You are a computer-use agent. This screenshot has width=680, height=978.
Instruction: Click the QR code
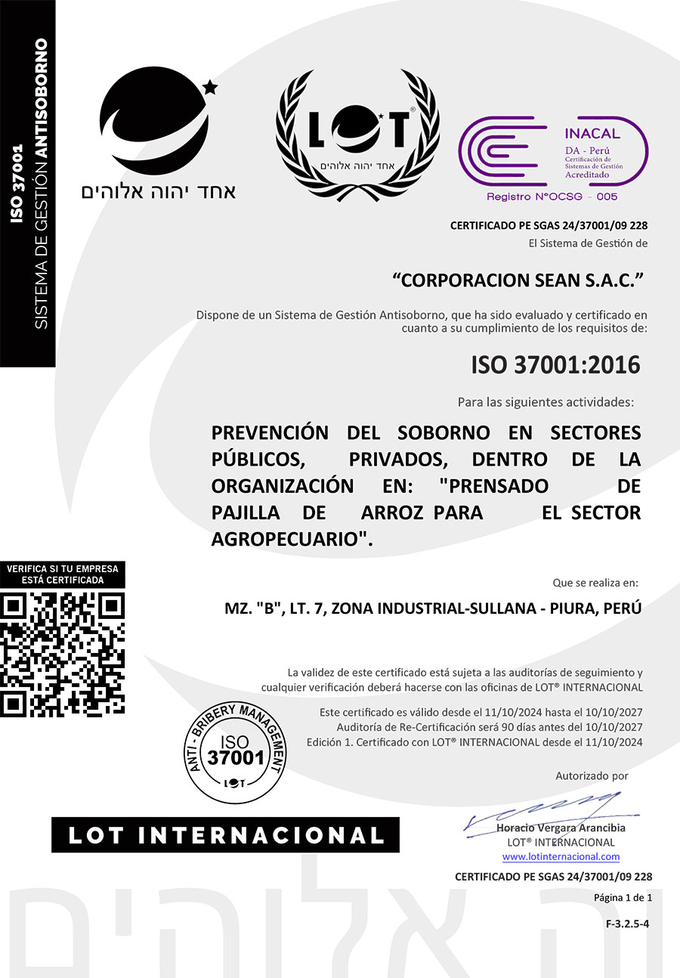tap(63, 654)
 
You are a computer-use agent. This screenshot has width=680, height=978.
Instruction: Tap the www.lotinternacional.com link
tap(561, 856)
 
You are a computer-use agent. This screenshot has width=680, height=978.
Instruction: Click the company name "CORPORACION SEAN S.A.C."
tap(518, 280)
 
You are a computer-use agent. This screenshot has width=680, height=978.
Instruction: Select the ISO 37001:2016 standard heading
tap(555, 365)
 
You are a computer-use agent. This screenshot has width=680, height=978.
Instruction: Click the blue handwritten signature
tap(544, 810)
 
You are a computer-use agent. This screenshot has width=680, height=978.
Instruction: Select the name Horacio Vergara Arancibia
tap(561, 828)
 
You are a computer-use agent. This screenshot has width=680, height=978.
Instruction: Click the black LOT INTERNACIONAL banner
tap(225, 835)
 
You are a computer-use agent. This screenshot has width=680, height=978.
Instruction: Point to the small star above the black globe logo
tap(210, 88)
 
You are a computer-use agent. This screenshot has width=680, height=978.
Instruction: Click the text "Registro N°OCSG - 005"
tap(552, 197)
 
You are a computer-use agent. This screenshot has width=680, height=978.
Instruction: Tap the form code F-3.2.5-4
tap(628, 923)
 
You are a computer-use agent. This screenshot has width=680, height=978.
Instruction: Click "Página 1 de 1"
tap(623, 897)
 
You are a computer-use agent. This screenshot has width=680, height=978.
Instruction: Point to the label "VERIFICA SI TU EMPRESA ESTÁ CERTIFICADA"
tap(63, 574)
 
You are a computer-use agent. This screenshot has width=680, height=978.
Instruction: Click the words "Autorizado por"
tap(592, 775)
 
